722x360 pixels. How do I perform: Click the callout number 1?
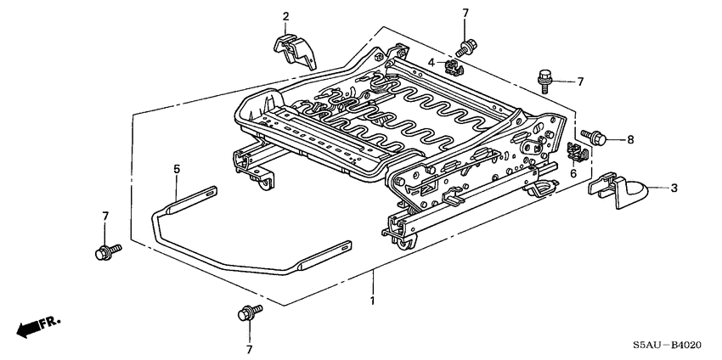370,301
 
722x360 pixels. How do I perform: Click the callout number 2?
285,16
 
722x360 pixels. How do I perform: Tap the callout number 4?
431,63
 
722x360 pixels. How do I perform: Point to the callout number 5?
177,169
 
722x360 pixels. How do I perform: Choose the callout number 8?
630,138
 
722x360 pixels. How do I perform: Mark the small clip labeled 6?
575,153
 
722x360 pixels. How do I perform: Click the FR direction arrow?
37,325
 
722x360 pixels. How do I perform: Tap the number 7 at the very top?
465,13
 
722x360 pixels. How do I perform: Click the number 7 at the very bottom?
250,349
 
